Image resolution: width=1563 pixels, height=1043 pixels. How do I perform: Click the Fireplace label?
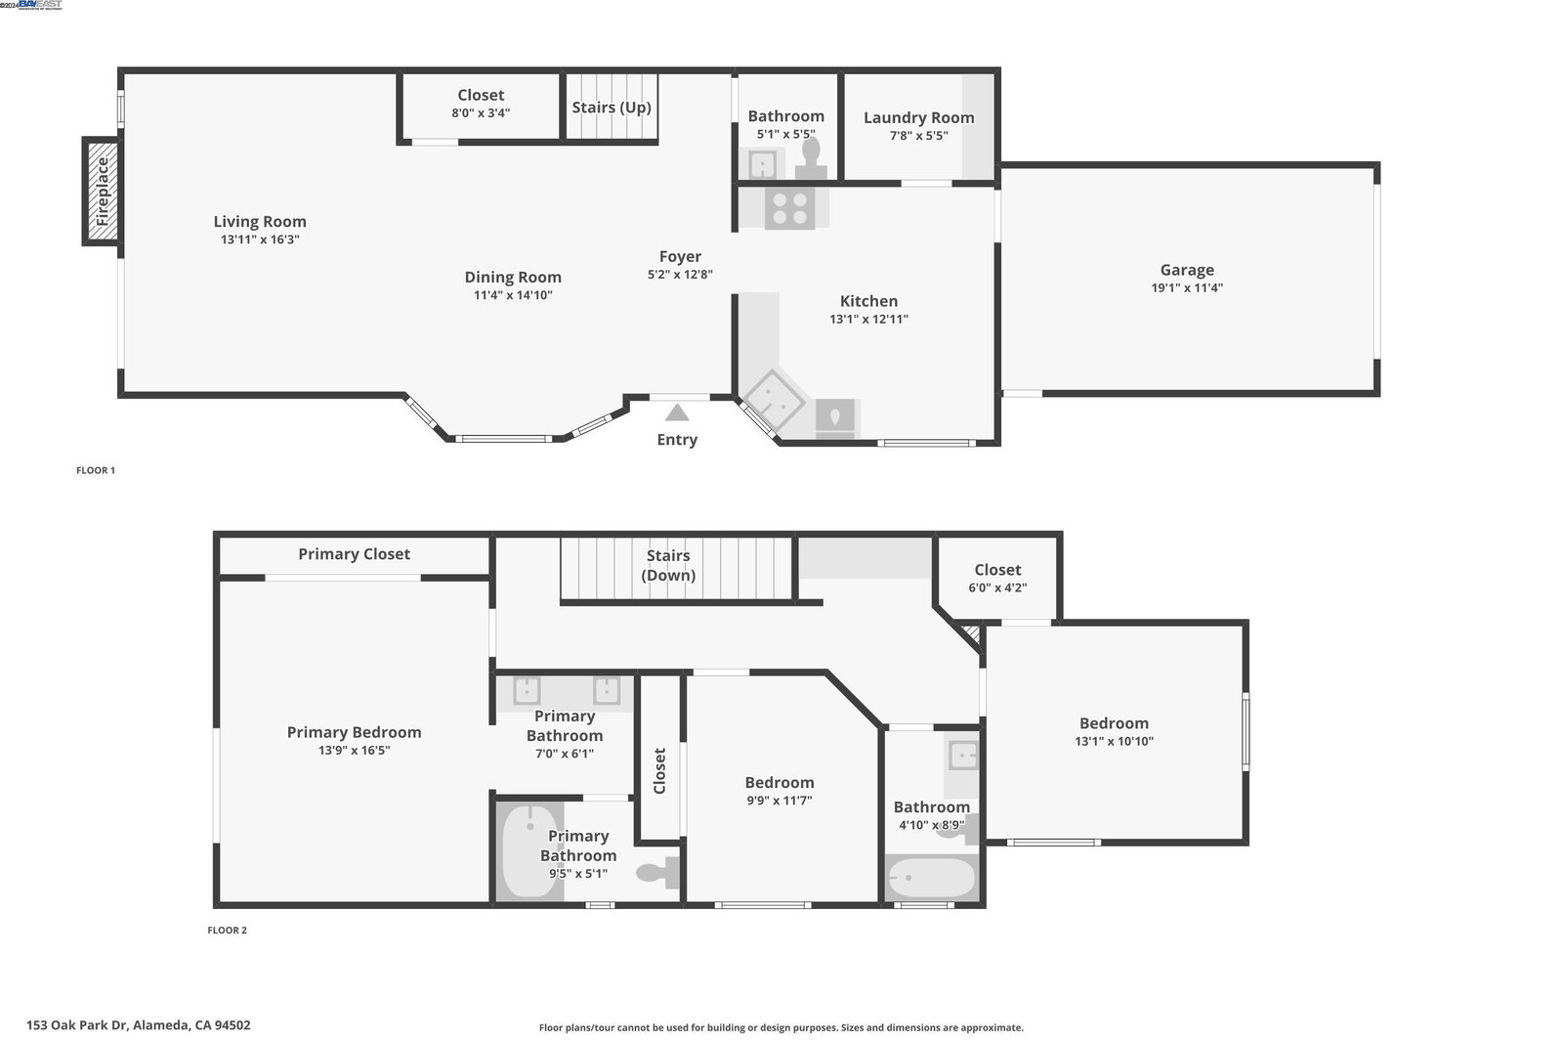click(x=103, y=192)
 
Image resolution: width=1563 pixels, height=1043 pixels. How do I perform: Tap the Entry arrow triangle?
click(x=677, y=413)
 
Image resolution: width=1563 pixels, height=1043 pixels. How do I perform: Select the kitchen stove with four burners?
click(x=790, y=208)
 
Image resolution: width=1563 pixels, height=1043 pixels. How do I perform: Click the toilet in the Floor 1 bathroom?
click(x=811, y=158)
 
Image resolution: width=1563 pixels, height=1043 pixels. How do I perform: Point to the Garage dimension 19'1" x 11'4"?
click(x=1187, y=287)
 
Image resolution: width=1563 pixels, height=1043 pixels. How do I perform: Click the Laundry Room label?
click(x=919, y=117)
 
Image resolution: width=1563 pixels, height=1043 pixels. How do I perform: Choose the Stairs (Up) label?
click(x=612, y=108)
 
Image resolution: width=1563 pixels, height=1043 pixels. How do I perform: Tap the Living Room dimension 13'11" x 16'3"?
click(x=260, y=239)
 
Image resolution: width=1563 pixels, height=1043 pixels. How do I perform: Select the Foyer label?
click(x=680, y=257)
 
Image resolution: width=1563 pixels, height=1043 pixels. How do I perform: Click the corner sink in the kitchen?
click(x=773, y=401)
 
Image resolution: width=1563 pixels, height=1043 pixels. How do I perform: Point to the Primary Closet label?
click(x=354, y=554)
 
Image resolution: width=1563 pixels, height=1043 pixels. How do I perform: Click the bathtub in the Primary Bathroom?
click(x=530, y=851)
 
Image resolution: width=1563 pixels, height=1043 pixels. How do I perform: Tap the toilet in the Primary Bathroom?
click(x=658, y=873)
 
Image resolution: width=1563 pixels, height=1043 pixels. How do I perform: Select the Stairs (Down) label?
click(x=668, y=565)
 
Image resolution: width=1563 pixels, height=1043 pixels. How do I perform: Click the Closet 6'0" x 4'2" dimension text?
click(x=997, y=587)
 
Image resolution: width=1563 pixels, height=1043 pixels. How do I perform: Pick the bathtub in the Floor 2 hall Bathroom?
click(x=932, y=878)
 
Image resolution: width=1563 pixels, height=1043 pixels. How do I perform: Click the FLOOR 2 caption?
click(x=227, y=930)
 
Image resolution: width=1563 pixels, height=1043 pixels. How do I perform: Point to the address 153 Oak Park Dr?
click(x=77, y=1024)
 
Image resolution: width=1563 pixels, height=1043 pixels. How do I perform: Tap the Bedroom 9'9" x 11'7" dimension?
click(x=780, y=801)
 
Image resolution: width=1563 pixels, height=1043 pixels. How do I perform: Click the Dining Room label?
click(x=513, y=278)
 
